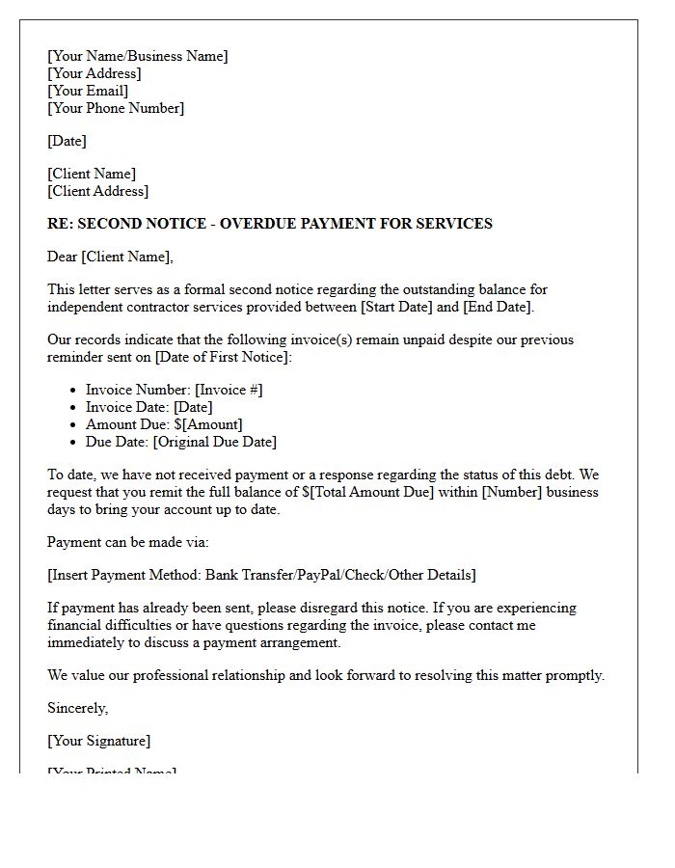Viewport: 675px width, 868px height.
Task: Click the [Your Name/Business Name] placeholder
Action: click(x=138, y=56)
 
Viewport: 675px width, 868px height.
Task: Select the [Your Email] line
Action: click(x=88, y=91)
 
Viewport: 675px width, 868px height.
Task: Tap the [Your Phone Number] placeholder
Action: click(x=116, y=108)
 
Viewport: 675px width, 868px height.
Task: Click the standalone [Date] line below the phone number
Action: click(x=67, y=141)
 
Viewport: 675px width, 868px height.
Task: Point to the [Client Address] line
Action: click(x=97, y=191)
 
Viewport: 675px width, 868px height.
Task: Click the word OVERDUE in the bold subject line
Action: click(x=258, y=224)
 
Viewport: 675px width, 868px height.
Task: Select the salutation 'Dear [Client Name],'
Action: click(x=110, y=257)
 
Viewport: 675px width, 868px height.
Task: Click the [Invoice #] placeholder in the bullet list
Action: click(x=229, y=390)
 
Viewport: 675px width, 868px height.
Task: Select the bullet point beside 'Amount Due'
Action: click(x=74, y=424)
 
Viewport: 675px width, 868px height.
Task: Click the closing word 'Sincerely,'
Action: click(x=77, y=708)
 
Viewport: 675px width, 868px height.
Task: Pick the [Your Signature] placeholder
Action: click(x=98, y=741)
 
